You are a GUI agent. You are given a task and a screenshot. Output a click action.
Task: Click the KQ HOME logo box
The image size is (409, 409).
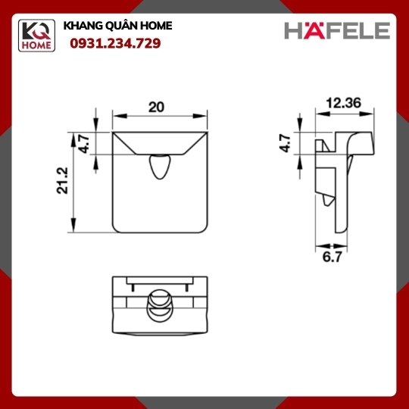coord(36,36)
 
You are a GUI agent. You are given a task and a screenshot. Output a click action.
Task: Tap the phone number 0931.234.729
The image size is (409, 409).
coord(115,43)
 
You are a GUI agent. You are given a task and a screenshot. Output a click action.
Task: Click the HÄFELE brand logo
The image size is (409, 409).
coord(337,30)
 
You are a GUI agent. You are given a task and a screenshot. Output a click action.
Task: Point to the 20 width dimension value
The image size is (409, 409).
coord(156,108)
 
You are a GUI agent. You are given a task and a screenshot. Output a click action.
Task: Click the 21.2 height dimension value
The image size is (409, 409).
coord(62,180)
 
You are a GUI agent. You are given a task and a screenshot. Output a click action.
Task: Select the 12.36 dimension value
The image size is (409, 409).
coord(344,103)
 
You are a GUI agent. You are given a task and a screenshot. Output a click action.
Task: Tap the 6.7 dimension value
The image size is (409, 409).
coord(332,257)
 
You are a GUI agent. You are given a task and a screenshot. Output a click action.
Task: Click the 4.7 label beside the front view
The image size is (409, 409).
coord(84,143)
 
